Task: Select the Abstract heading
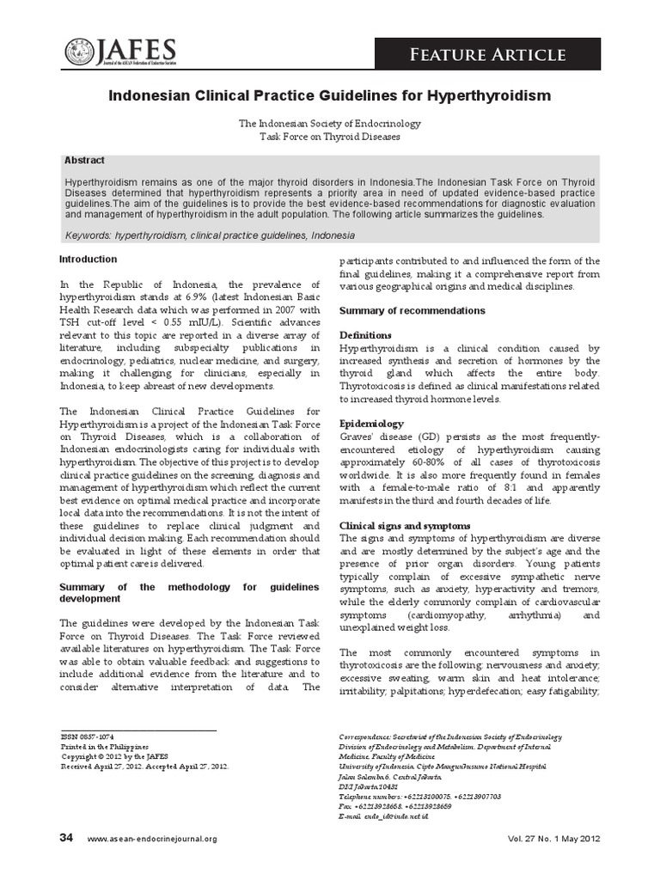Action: click(84, 160)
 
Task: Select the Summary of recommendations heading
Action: click(412, 310)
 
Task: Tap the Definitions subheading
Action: click(365, 334)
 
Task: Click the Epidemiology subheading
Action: click(371, 424)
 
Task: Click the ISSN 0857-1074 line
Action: click(89, 736)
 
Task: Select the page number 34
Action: click(66, 837)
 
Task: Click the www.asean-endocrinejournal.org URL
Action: click(152, 839)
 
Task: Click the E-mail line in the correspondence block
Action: click(384, 815)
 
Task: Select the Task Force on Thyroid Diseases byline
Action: click(330, 137)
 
